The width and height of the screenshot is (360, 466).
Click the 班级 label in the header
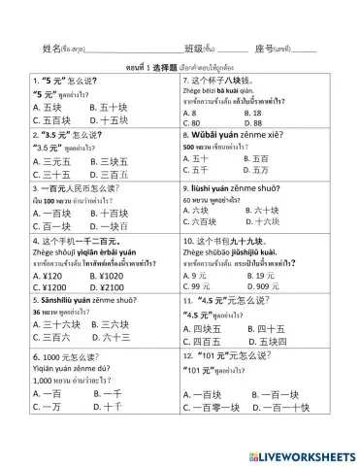coord(197,48)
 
